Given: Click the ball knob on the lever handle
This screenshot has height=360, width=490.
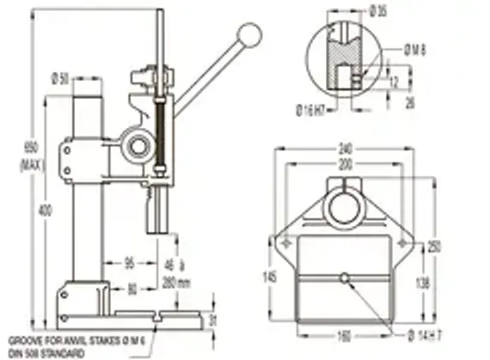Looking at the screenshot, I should (x=249, y=34).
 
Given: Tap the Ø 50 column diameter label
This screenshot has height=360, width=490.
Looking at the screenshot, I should (x=60, y=78).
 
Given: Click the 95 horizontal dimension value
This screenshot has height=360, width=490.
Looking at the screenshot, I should (x=129, y=262).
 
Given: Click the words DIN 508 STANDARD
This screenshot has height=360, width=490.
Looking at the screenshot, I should (x=46, y=353).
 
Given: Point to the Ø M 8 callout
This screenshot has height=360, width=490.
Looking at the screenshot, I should (x=415, y=52).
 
